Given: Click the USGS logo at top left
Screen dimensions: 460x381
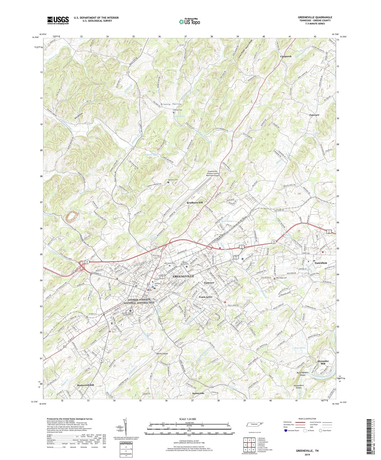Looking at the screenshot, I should [x=58, y=20].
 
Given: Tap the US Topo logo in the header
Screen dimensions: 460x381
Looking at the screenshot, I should [x=189, y=22].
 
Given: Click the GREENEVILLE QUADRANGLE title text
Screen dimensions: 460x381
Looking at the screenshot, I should [x=315, y=17].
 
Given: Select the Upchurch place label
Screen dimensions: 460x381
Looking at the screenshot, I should [x=286, y=56].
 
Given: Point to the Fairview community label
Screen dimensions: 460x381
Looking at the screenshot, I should [x=314, y=115].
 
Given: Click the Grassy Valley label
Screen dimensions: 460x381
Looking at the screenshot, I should [x=171, y=104].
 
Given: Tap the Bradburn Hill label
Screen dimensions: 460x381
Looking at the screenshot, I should [x=196, y=203].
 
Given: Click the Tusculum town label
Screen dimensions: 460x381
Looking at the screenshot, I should [x=321, y=263].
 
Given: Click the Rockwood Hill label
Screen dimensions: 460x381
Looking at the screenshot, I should [x=85, y=385].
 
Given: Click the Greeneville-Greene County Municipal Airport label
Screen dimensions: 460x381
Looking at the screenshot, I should [x=213, y=173].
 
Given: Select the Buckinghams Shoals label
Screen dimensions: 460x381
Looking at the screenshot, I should [x=302, y=374].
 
